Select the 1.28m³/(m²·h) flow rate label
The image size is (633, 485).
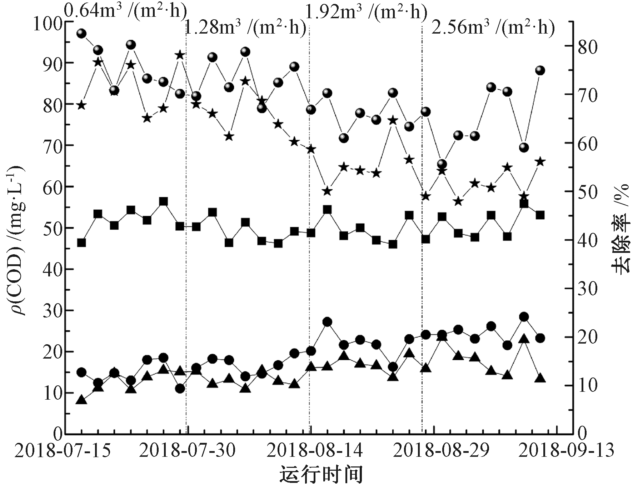(x=246, y=28)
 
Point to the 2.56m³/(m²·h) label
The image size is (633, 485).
(x=493, y=28)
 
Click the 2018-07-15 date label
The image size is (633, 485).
(x=63, y=451)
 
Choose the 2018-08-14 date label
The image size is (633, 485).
(x=315, y=451)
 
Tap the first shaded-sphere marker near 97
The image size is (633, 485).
(x=81, y=34)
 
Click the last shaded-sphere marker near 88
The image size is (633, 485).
(x=540, y=70)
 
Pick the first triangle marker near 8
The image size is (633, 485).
(x=81, y=400)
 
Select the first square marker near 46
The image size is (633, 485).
(x=81, y=243)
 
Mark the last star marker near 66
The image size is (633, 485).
(x=540, y=162)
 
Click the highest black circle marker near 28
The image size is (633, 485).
(x=524, y=317)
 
